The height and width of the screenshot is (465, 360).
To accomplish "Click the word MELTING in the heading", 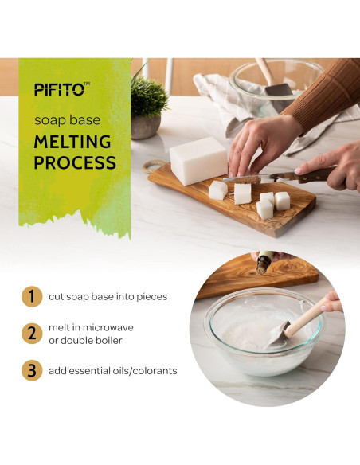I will coord(72,143).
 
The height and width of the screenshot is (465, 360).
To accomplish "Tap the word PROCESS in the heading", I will coord(76,164).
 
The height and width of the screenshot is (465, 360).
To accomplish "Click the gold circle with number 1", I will coord(31,297).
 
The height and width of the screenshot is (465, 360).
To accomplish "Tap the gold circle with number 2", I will coord(31,334).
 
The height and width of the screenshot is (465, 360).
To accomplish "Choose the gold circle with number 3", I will coord(31,370).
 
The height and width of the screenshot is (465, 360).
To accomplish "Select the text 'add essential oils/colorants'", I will coord(117,370).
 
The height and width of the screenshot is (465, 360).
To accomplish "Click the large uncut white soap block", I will coord(198,159).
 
